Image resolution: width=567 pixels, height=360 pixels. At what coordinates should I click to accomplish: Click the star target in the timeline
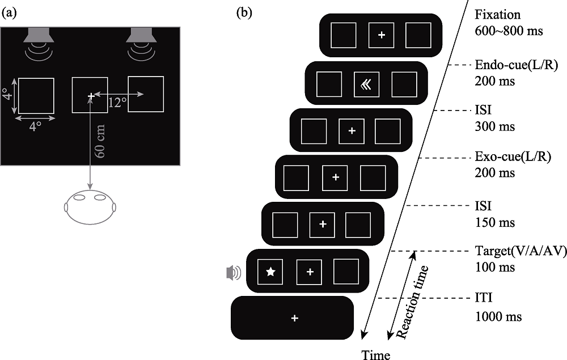[x=270, y=272]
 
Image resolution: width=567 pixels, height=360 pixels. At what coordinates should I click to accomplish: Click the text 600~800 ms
[x=509, y=31]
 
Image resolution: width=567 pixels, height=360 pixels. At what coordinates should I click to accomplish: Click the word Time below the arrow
[x=376, y=355]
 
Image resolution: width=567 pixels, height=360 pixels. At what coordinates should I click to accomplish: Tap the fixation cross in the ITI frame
[x=294, y=319]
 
